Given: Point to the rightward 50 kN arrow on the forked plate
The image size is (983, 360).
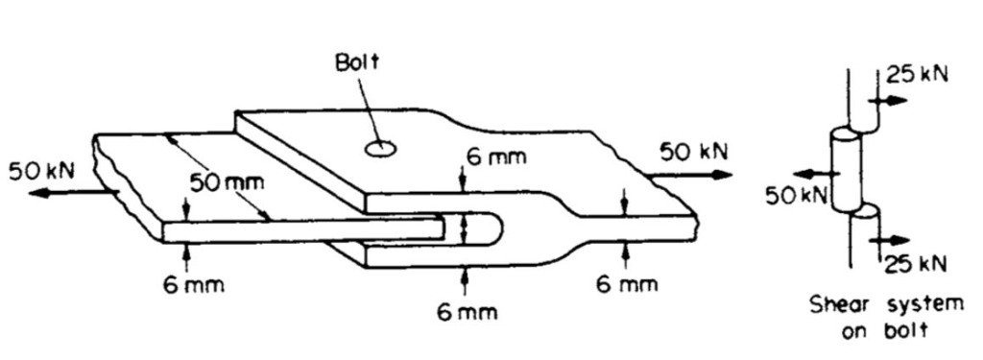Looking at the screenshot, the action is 690,176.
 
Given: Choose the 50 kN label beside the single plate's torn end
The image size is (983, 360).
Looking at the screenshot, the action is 35,171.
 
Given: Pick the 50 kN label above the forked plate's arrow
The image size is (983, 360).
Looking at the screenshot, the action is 693,152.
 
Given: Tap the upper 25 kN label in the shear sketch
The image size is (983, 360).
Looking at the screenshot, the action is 916,76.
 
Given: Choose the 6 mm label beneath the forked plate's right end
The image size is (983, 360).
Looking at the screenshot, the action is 627,284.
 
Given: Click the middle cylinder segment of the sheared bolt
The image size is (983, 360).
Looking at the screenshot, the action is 844,171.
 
